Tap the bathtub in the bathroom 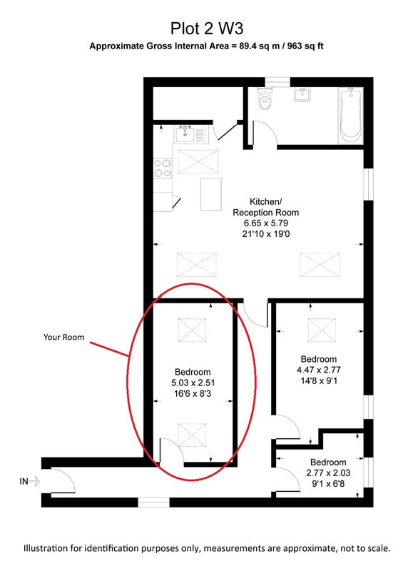(x=351, y=116)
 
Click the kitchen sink (x=185, y=134)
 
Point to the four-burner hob (x=163, y=168)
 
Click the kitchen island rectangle (x=210, y=194)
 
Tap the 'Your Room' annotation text (x=64, y=337)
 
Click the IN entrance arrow (x=34, y=481)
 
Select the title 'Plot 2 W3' (x=207, y=29)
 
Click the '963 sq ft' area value (x=305, y=46)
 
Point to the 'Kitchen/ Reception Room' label (x=265, y=207)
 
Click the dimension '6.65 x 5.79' (x=266, y=223)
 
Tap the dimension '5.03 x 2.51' (x=193, y=383)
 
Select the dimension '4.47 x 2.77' (x=319, y=370)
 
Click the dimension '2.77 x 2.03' (x=328, y=473)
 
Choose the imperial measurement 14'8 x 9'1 (x=319, y=381)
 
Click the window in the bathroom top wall (x=277, y=82)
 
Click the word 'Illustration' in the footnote (x=46, y=548)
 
